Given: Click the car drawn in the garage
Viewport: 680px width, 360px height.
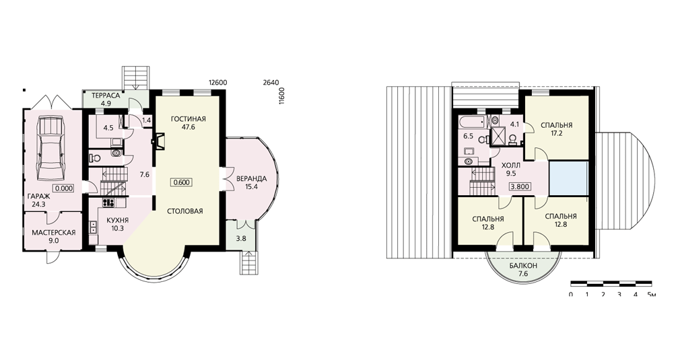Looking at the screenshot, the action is pos(51,148).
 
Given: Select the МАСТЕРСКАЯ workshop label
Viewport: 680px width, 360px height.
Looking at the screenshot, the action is pos(54,233).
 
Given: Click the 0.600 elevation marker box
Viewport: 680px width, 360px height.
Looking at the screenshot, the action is pos(181,182).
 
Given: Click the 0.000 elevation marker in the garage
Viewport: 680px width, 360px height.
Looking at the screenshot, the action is pos(64,188).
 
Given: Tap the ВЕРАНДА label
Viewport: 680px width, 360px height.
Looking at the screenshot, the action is pos(252,178).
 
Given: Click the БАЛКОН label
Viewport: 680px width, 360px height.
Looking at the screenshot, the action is pos(522,264).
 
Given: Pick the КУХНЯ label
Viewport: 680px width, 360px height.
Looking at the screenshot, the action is pos(118,219).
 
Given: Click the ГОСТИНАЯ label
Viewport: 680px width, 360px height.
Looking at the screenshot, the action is pos(188,120).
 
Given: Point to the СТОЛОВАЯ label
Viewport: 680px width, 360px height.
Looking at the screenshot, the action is pos(185,211).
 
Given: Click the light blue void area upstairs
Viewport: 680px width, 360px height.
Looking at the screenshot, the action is pos(568,178).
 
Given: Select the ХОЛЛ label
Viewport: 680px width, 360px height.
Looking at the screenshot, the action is pos(511,166).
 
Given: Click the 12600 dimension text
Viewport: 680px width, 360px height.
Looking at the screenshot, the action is pos(217,82).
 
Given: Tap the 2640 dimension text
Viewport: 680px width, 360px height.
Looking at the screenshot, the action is pos(271,82).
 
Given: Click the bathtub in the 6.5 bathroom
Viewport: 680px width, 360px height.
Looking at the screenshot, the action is pos(475,120).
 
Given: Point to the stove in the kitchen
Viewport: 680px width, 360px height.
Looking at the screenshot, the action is pos(108,202).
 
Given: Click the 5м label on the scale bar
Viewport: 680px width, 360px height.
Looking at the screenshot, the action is pos(651,295).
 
